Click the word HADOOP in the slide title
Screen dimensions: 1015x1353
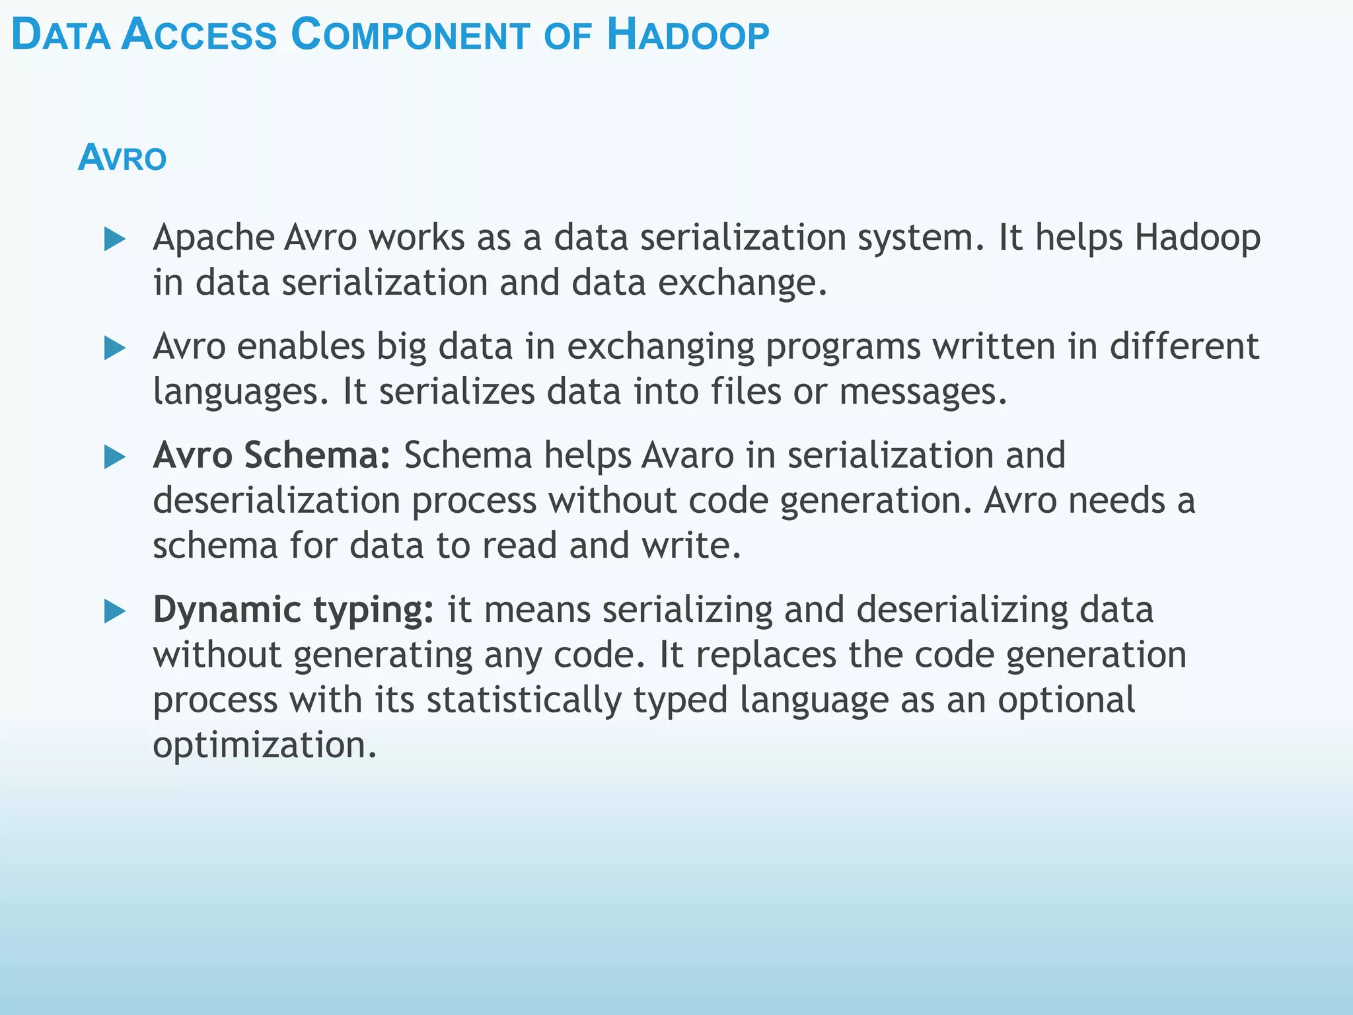688,36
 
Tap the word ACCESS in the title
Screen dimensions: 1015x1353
199,36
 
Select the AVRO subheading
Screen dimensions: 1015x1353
122,158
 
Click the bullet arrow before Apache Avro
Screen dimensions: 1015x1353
115,239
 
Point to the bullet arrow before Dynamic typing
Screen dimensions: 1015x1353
115,611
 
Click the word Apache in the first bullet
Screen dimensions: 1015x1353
213,238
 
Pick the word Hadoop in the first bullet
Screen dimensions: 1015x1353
1197,238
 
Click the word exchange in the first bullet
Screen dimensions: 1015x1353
741,283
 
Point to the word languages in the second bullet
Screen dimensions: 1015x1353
239,392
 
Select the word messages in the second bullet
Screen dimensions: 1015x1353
922,392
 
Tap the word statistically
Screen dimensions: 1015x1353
523,700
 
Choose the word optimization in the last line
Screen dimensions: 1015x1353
264,745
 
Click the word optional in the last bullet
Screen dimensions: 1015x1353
1066,700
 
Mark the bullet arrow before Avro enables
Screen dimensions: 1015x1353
115,348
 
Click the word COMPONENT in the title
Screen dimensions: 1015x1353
410,36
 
